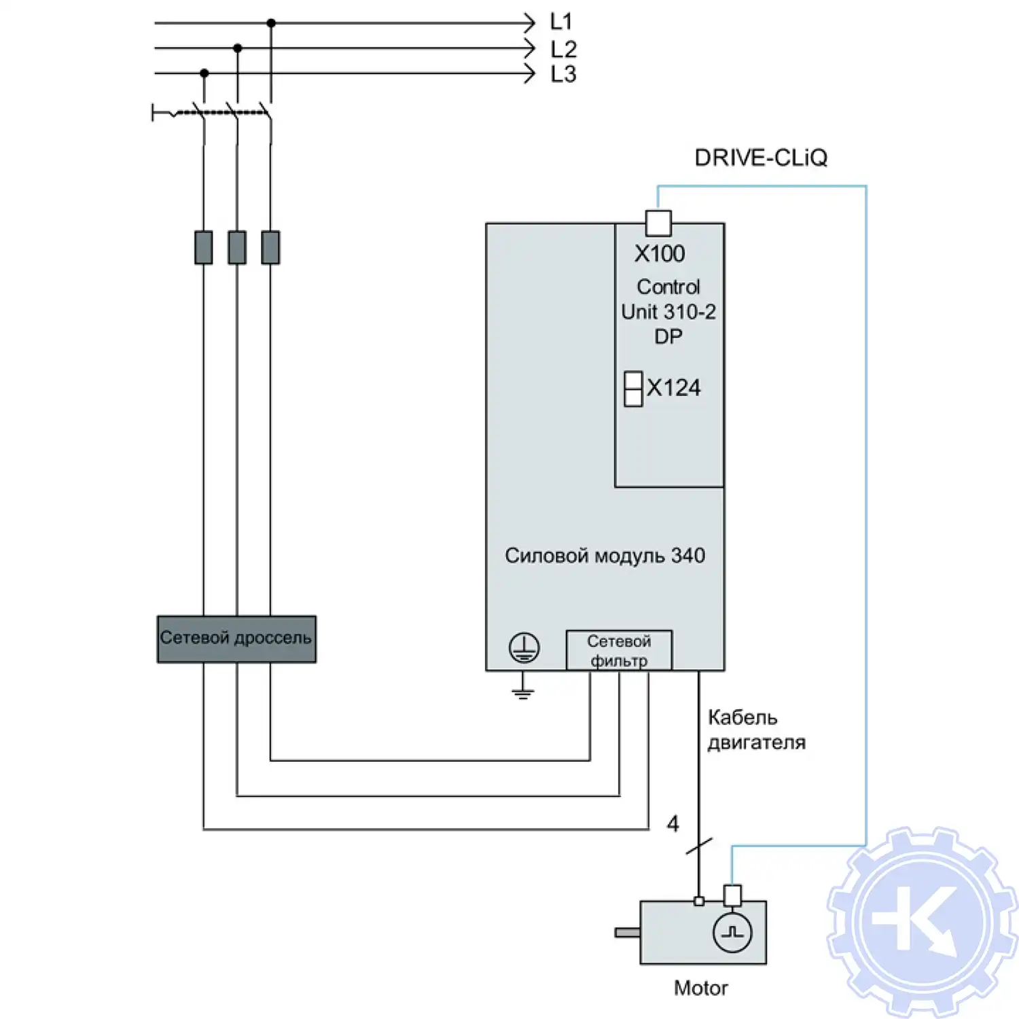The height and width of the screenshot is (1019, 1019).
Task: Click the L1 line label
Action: coord(561,22)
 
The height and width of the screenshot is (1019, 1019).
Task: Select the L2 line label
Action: coord(563,49)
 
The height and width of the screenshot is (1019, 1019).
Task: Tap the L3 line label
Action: coord(563,74)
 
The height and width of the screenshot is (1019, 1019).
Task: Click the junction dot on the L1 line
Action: coord(271,23)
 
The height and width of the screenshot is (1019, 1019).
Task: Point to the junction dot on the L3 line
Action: coord(204,73)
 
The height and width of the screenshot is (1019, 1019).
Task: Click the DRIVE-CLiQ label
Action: coord(761,158)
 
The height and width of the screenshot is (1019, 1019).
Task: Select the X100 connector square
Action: coord(658,223)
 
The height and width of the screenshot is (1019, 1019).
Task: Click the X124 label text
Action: coord(673,388)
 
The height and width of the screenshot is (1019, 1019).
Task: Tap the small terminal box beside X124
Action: coord(633,389)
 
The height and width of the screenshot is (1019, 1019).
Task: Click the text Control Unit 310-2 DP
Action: coord(668,312)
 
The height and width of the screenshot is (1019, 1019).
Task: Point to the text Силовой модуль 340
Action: coord(605,556)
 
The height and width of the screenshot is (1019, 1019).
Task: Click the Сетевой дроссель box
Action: coord(236,639)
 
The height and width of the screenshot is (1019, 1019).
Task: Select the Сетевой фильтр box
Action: coord(619,650)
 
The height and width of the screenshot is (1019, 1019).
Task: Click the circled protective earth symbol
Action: coord(524,647)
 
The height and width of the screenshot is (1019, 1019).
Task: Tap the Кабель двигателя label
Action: coord(756,730)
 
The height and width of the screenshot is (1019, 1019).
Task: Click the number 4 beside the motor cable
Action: coord(673,824)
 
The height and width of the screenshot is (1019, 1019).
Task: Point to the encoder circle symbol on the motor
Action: coord(732,933)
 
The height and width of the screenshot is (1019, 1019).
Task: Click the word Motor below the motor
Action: coord(700,988)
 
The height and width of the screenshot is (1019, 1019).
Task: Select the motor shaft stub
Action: coord(627,933)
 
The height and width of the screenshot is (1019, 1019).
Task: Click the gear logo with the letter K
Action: coord(923,923)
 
